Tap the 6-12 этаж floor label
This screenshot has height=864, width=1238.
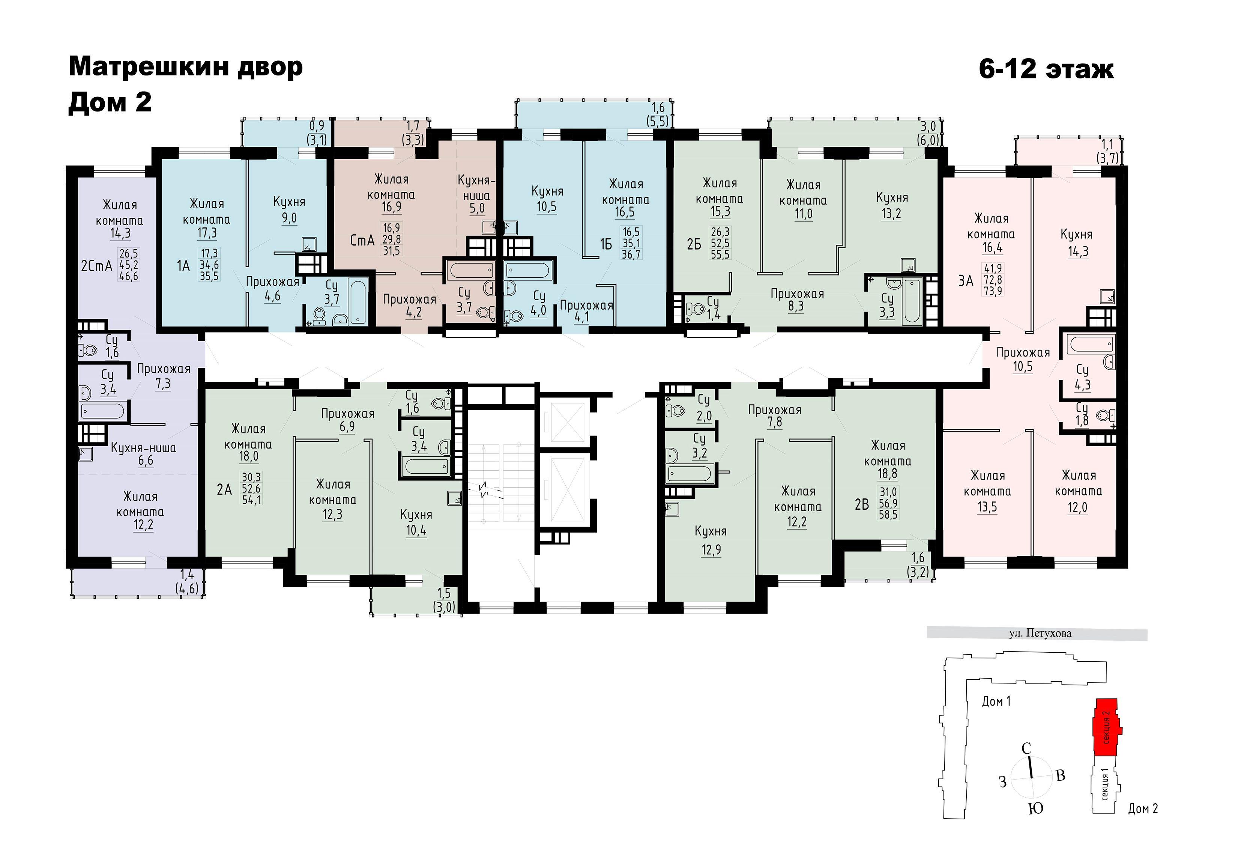(x=1046, y=69)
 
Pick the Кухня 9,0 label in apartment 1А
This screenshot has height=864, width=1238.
(x=290, y=210)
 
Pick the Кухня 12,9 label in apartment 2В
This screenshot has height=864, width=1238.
(x=711, y=540)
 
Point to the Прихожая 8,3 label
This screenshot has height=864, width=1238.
(x=797, y=300)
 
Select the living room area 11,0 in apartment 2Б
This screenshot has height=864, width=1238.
(x=804, y=214)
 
